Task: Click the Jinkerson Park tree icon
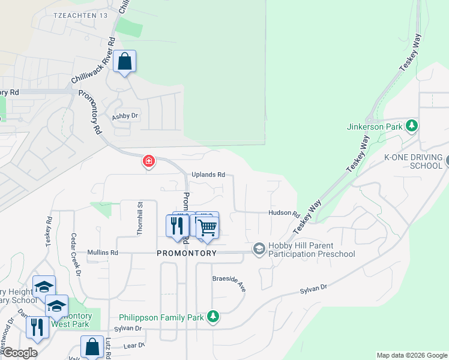click(411, 126)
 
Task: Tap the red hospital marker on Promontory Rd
click(149, 161)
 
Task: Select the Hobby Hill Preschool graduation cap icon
click(259, 248)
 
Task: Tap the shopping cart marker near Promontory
click(206, 228)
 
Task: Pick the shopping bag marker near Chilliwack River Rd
click(124, 62)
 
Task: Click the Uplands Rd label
click(208, 175)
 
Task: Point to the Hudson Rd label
click(284, 213)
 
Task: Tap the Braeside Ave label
click(230, 283)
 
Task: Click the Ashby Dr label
click(125, 116)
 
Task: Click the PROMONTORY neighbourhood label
click(186, 253)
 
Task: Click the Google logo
click(19, 353)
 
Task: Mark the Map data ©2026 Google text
click(412, 355)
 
